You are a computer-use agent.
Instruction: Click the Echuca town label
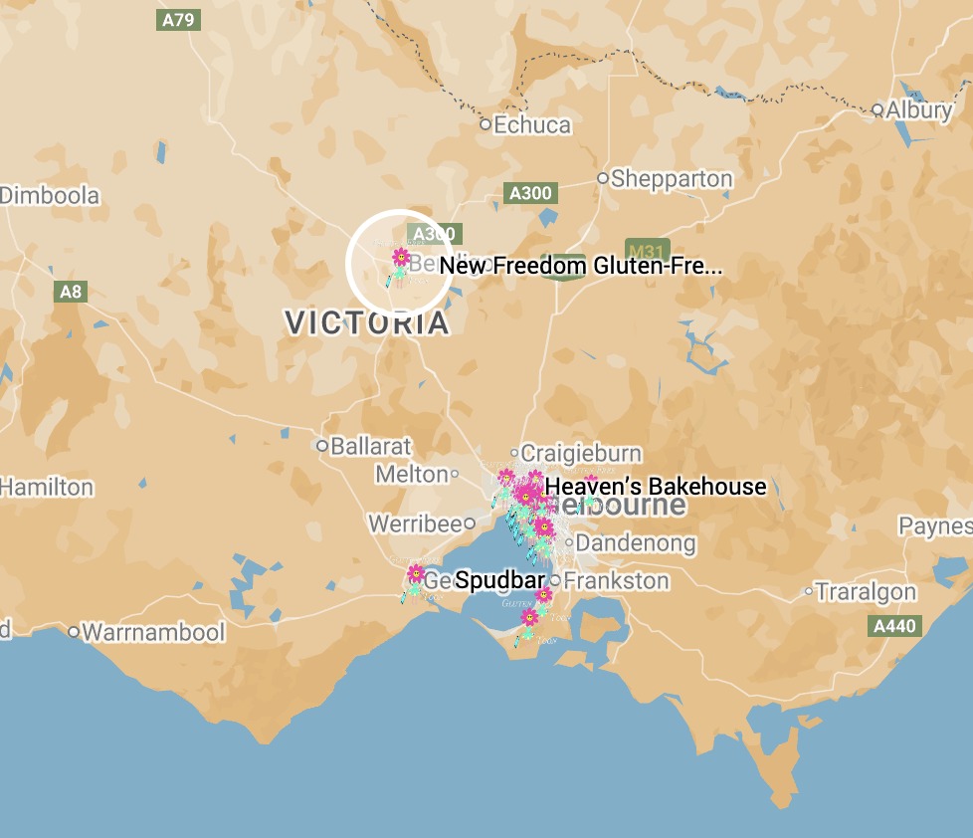(532, 125)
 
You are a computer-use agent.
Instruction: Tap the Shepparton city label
(672, 179)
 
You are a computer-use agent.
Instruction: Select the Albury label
(919, 109)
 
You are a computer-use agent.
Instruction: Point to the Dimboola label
(50, 195)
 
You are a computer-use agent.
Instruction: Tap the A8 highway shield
(71, 292)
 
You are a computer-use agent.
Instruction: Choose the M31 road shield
(648, 250)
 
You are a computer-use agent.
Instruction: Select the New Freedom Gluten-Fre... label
(580, 266)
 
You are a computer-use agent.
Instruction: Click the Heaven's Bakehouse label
(657, 487)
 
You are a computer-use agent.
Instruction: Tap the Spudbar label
(500, 580)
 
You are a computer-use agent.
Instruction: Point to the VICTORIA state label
(367, 322)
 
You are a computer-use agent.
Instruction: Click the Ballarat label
(371, 446)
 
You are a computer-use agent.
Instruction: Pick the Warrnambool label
(153, 632)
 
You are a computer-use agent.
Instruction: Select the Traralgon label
(866, 592)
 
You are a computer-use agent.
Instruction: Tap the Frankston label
(617, 580)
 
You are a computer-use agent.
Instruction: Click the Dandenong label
(636, 543)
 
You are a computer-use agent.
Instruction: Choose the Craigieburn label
(581, 453)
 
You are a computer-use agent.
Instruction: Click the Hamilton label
(47, 488)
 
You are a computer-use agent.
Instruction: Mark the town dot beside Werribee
(470, 523)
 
